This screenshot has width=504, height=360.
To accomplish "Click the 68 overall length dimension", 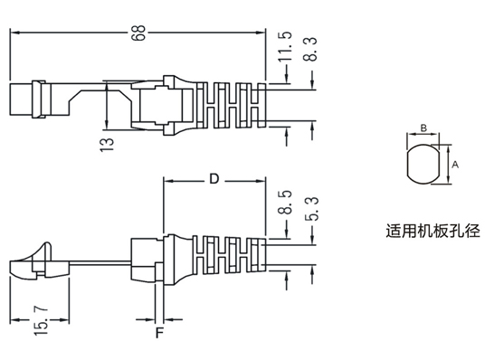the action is click(x=139, y=33).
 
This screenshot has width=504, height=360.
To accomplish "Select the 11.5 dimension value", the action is click(x=285, y=46).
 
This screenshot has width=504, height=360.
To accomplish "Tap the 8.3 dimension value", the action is click(x=310, y=49).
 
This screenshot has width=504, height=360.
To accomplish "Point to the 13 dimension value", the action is click(x=107, y=145).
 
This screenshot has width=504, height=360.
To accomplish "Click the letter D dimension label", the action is click(x=214, y=179).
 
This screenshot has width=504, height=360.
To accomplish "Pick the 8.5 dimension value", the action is click(x=285, y=203).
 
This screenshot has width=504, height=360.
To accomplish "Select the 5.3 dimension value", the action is click(x=311, y=208).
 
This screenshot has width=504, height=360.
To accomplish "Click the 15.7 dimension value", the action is click(x=42, y=321).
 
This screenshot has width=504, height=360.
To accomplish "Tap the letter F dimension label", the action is click(x=160, y=333).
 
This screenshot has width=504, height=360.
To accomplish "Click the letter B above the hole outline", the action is click(x=423, y=128).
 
